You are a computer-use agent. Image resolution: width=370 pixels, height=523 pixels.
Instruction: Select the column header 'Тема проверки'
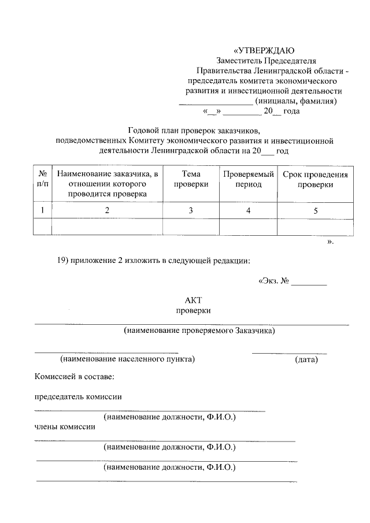click(x=191, y=179)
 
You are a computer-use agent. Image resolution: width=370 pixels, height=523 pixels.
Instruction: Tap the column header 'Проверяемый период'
click(x=248, y=179)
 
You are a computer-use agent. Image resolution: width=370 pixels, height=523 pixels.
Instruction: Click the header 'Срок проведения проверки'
click(x=315, y=179)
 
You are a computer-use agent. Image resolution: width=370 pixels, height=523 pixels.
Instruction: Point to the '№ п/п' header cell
click(x=42, y=179)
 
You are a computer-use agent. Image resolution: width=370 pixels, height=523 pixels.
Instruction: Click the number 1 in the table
click(x=42, y=210)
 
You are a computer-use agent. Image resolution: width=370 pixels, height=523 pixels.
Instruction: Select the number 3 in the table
click(x=191, y=210)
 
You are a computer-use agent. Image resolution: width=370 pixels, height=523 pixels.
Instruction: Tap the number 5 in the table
click(x=316, y=210)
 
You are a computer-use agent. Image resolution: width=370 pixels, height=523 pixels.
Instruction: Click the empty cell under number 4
click(x=248, y=227)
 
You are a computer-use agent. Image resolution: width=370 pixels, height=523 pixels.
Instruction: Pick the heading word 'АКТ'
click(x=193, y=300)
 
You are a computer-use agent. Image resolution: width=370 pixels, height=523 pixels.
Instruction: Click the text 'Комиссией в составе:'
click(x=74, y=376)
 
